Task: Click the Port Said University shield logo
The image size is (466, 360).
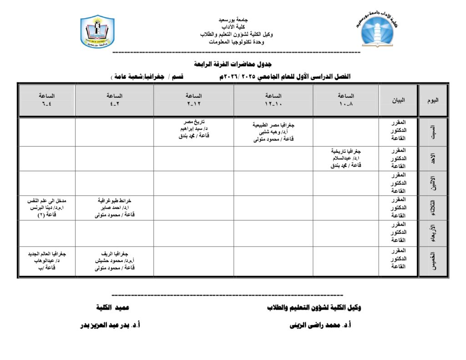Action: [97, 32]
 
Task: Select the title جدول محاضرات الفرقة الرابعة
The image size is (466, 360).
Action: [233, 64]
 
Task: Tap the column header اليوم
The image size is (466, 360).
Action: [433, 100]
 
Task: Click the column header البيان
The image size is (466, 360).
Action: [398, 100]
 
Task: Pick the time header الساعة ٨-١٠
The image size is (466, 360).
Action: [346, 100]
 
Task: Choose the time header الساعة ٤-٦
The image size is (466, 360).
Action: [47, 100]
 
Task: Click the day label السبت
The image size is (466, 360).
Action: [433, 132]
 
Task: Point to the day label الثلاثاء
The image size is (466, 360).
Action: [433, 208]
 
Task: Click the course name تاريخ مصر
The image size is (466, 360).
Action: [193, 122]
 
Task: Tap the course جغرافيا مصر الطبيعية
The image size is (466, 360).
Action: [274, 124]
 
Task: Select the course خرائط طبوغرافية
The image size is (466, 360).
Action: [114, 200]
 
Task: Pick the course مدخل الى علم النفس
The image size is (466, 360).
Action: [47, 200]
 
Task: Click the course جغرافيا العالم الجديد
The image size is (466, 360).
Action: [47, 253]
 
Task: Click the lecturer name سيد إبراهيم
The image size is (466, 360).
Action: [191, 129]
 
